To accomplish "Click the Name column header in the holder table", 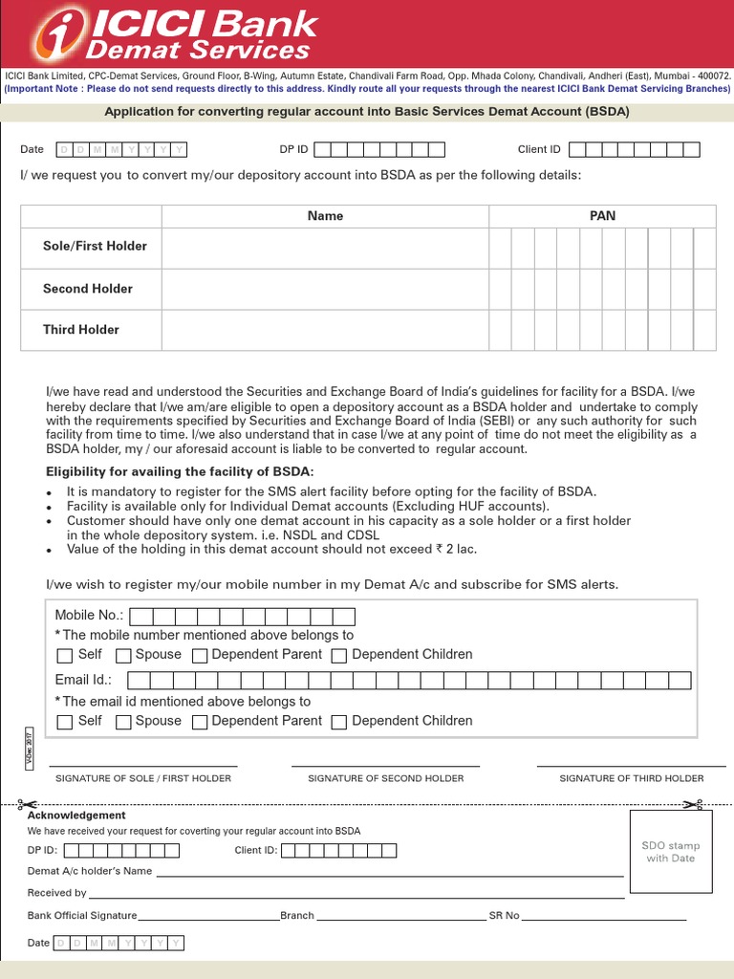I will pos(325,216).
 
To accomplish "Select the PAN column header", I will pos(602,216).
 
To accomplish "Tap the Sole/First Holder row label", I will pos(95,246).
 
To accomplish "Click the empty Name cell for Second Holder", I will pos(325,289).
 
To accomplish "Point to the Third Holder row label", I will pos(81,330).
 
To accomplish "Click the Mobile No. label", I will pos(89,615).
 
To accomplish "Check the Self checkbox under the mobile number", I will pos(65,656).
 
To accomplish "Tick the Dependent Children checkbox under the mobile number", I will pos(339,656).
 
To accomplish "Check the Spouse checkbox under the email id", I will pos(123,722).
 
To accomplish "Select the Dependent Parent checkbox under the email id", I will pos(200,722).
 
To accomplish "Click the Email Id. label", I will pos(83,680).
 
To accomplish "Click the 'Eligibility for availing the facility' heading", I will pos(180,472).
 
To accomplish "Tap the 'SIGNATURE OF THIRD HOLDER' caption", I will pos(631,778).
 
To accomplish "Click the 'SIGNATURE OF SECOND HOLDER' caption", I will pos(385,778).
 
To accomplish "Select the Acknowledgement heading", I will pos(76,816).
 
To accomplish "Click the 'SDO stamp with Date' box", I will pos(671,852).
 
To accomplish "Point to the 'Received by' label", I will pos(56,893).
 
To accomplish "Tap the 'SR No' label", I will pos(504,916).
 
